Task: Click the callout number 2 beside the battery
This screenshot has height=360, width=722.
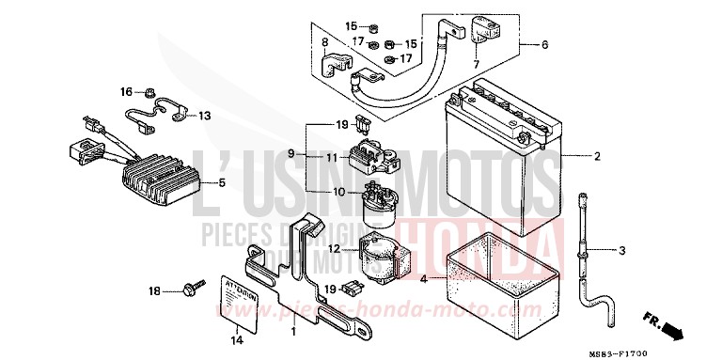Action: tap(596, 155)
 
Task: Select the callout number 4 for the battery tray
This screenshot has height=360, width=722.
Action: tap(423, 280)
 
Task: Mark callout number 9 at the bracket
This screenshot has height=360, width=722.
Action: tap(291, 153)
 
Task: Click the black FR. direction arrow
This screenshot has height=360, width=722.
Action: tap(671, 329)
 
